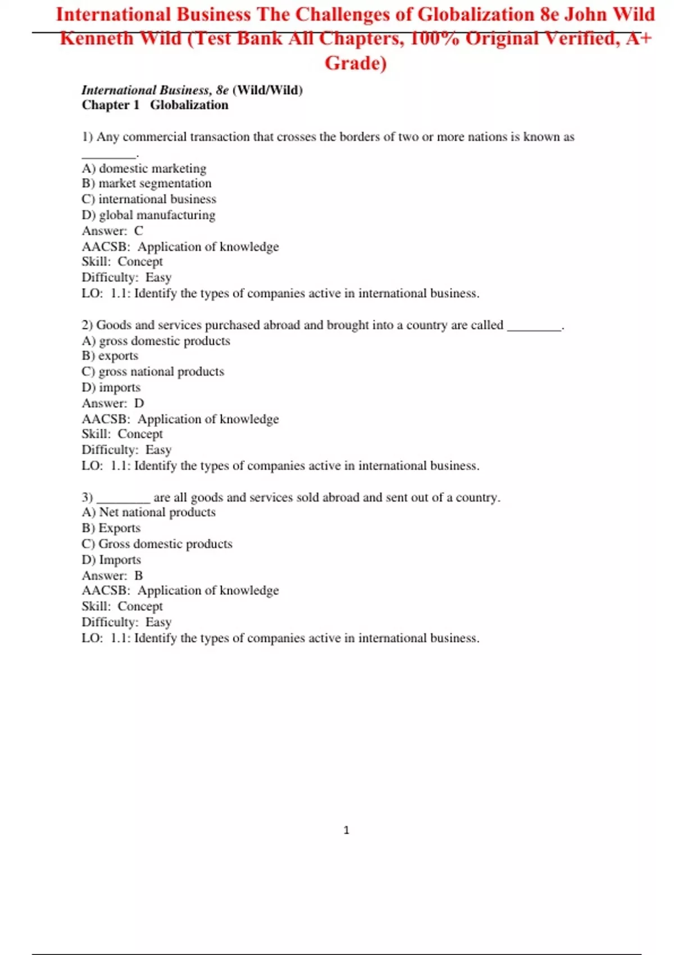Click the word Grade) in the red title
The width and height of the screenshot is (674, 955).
tap(356, 63)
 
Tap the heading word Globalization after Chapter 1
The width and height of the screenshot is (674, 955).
tap(189, 105)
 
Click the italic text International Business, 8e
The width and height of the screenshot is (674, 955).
tap(155, 90)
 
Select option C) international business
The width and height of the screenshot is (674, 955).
tap(149, 199)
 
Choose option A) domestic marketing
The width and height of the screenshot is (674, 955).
tap(144, 168)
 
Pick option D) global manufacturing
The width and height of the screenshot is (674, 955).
tap(148, 215)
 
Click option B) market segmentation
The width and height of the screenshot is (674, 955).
tap(147, 183)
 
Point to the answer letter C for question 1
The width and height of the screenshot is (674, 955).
tap(139, 231)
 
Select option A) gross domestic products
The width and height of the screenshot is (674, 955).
tap(156, 340)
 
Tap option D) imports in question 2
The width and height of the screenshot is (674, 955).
tap(111, 387)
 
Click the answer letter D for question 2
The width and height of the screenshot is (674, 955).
tap(139, 403)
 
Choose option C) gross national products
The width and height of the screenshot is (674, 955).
tap(153, 371)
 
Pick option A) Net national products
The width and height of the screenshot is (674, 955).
tap(148, 512)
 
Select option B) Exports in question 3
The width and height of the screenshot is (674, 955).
tap(111, 527)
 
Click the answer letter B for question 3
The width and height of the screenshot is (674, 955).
tap(139, 575)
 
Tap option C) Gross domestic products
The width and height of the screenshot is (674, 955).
tap(157, 543)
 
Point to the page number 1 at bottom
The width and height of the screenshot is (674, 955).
tap(346, 830)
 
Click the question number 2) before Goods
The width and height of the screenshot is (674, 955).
tap(87, 325)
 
